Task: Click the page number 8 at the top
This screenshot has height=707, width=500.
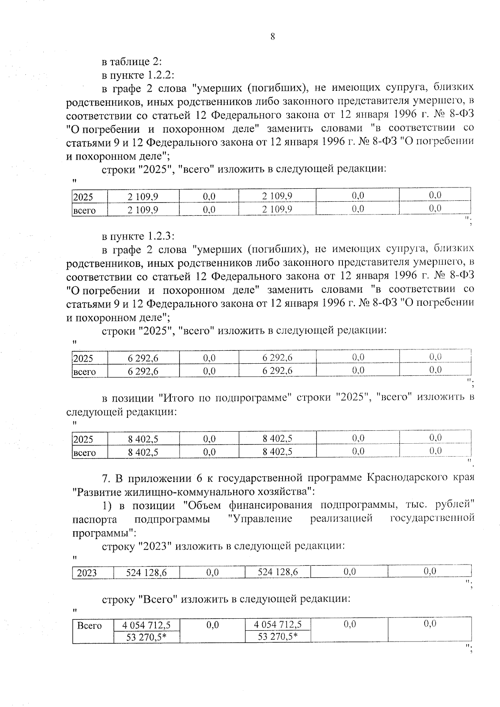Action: (x=272, y=37)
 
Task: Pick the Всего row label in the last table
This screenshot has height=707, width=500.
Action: (x=90, y=626)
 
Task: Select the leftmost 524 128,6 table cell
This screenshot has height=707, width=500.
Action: (x=147, y=572)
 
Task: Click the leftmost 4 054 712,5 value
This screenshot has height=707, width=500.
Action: (x=146, y=625)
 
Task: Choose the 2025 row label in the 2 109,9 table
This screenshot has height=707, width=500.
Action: (x=83, y=197)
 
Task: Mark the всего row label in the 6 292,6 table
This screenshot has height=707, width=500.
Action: (x=85, y=372)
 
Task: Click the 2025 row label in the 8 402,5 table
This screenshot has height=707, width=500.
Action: (x=83, y=439)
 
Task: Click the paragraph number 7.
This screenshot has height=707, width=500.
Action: (x=105, y=477)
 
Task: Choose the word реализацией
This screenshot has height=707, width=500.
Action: (x=341, y=519)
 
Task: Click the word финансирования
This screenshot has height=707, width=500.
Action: (x=270, y=505)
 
